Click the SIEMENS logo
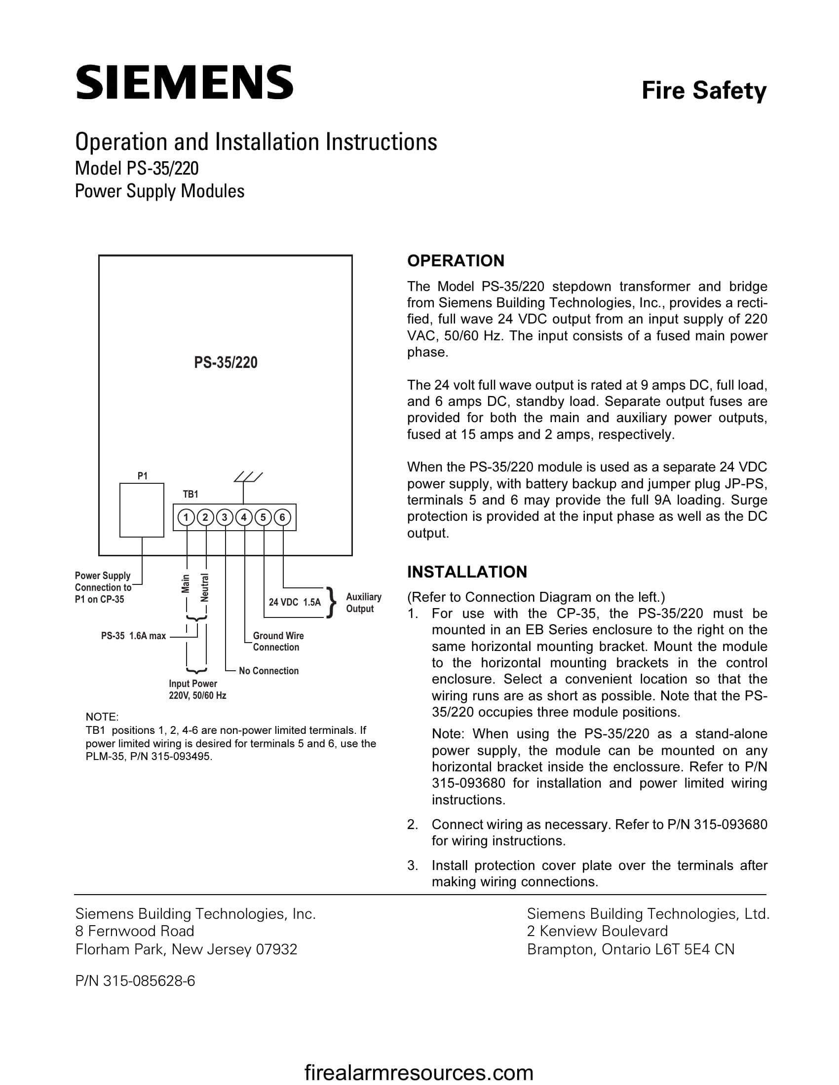click(x=184, y=82)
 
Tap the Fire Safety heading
click(x=703, y=91)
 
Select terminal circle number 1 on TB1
click(x=186, y=518)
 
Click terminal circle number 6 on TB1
click(x=282, y=518)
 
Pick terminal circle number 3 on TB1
click(x=225, y=518)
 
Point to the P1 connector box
click(x=142, y=510)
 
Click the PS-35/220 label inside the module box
click(x=226, y=362)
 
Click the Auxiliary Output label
click(x=363, y=603)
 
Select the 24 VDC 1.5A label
click(x=295, y=603)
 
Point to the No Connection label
click(x=268, y=671)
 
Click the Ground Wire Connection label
click(x=278, y=641)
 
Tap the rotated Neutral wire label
click(x=205, y=587)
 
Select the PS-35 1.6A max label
click(x=133, y=636)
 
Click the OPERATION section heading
click(x=456, y=261)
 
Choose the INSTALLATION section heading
click(x=467, y=572)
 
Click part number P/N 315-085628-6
click(x=135, y=981)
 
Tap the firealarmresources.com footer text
click(x=419, y=1073)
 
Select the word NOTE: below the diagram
click(x=102, y=717)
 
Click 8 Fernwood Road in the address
click(x=134, y=931)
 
